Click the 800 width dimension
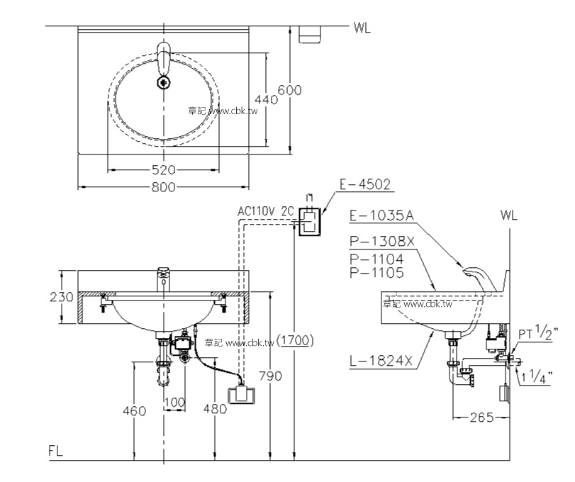click(x=163, y=187)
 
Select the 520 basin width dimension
click(x=163, y=170)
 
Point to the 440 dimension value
click(x=266, y=100)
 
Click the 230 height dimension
click(x=62, y=297)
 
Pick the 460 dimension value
click(x=133, y=410)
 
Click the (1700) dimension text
click(x=295, y=340)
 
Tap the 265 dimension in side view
click(x=480, y=417)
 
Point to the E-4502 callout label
click(x=364, y=185)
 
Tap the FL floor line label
click(x=56, y=451)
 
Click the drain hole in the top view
click(x=164, y=83)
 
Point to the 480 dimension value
click(x=215, y=409)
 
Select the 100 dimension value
click(x=174, y=403)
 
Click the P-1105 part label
click(x=376, y=272)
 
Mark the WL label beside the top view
click(x=362, y=28)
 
